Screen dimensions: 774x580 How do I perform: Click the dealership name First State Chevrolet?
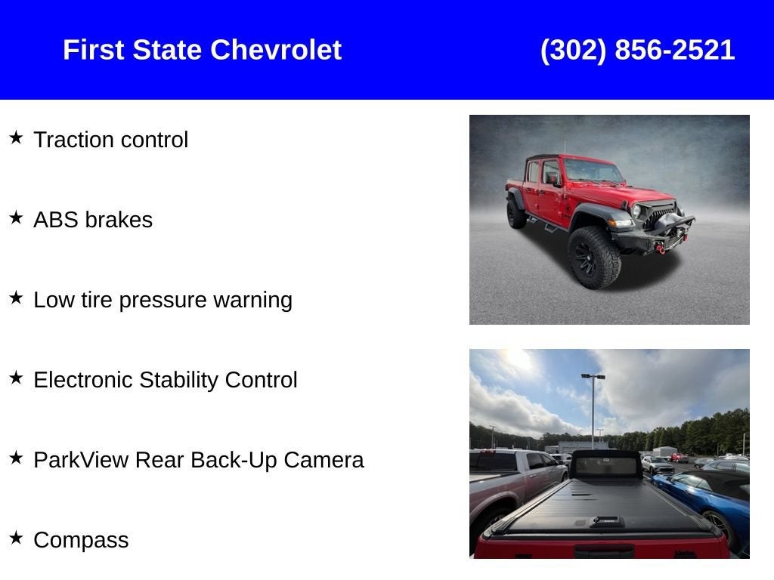pos(202,50)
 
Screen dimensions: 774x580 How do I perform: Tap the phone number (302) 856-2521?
pos(637,51)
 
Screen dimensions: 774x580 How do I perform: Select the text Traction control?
pos(110,140)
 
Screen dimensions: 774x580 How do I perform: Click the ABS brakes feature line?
pos(93,220)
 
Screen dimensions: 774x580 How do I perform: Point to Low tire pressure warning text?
pos(163,300)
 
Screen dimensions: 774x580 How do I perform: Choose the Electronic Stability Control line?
pos(166,380)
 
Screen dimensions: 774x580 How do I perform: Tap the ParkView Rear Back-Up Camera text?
pos(199,460)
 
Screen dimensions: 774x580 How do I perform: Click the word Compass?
pos(81,540)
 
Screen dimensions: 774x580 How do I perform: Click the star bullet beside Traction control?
pos(17,137)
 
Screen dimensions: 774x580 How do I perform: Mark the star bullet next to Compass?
pos(17,538)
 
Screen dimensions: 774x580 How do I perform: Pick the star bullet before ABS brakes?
pos(17,217)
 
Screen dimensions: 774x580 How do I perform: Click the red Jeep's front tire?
pos(594,258)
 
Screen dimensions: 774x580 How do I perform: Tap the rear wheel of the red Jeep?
pos(516,212)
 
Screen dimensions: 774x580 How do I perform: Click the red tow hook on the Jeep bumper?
pos(661,249)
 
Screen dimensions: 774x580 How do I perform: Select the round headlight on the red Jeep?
pos(636,211)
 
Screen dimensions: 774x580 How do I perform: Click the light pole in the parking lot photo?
pos(593,412)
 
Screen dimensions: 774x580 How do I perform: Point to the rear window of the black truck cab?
pos(605,466)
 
